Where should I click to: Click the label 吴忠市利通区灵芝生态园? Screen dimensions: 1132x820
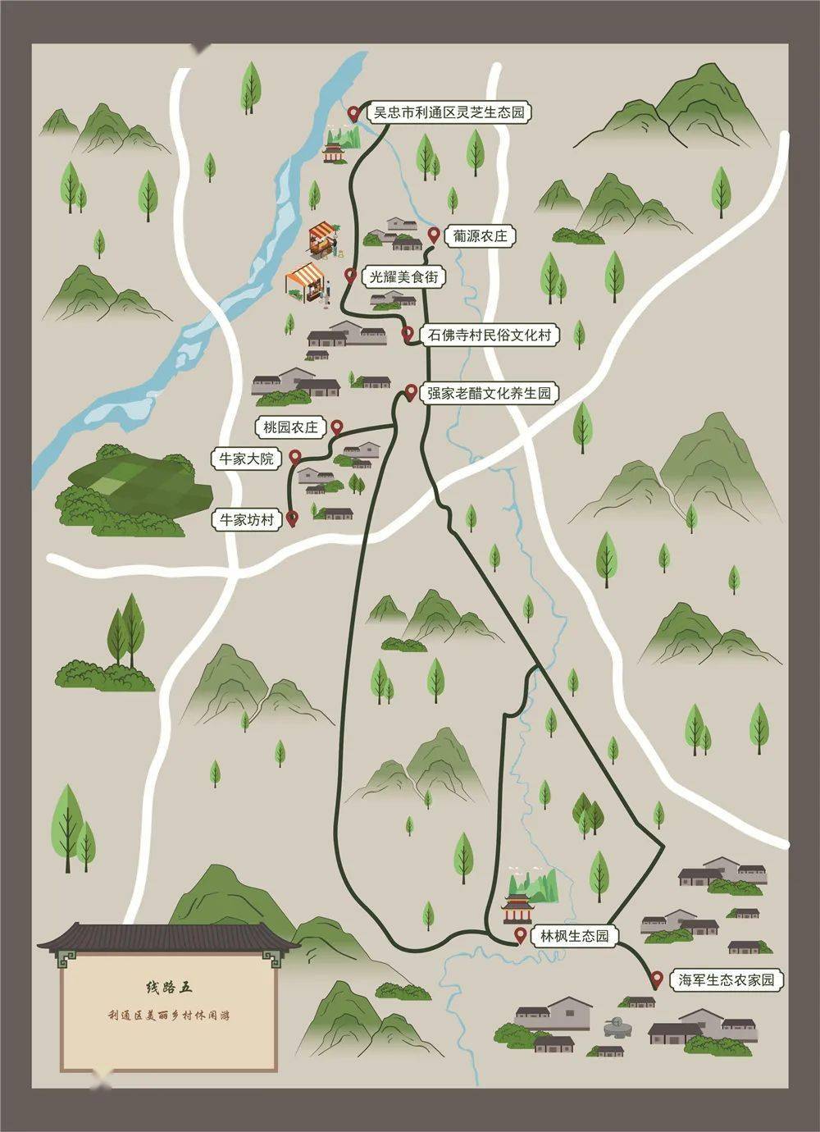point(449,112)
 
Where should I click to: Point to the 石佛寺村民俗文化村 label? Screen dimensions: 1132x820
point(489,335)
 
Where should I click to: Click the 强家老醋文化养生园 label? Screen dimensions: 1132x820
point(490,394)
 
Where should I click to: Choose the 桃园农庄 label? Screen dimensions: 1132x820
point(290,427)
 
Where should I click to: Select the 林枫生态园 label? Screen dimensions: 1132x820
point(574,936)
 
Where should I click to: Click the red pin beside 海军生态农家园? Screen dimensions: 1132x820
point(656,979)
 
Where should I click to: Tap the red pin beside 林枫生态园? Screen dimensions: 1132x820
point(520,935)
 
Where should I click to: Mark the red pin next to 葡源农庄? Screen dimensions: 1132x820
point(434,235)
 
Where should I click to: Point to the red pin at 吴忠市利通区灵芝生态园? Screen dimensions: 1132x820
point(354,112)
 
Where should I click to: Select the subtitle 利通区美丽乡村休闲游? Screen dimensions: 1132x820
point(168,1016)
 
